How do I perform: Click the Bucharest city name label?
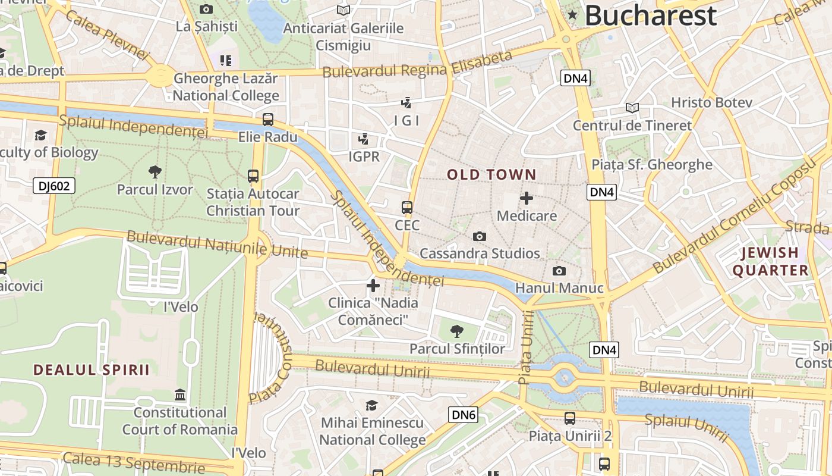[651, 15]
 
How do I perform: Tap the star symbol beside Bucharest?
[572, 15]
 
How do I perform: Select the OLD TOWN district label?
[491, 175]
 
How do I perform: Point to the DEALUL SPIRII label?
[91, 370]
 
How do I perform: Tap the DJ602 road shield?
[54, 186]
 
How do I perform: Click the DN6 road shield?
[463, 415]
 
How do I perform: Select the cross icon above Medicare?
[527, 198]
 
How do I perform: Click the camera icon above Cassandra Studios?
[480, 236]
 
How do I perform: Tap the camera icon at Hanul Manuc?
[559, 271]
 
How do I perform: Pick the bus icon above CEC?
[407, 208]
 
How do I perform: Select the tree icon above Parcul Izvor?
[155, 173]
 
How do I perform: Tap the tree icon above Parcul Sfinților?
[456, 331]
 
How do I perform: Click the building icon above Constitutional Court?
[180, 394]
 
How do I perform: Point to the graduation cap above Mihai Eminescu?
[372, 405]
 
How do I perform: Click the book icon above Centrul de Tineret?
[632, 108]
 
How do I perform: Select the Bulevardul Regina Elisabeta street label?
[417, 64]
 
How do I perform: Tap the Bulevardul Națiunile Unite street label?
[218, 245]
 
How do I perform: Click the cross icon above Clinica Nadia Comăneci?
[373, 286]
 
